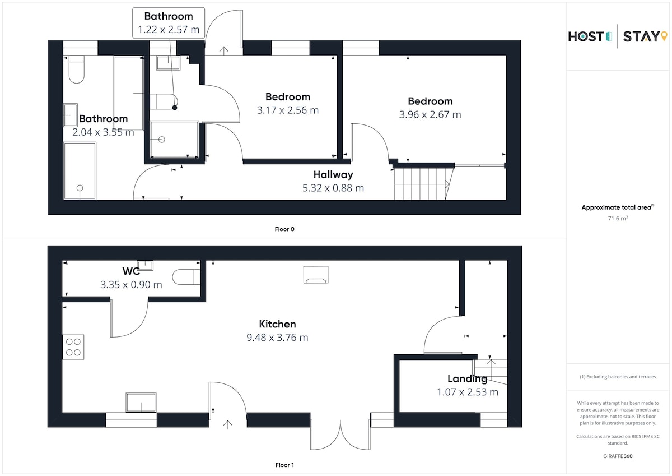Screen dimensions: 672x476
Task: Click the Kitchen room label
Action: click(x=277, y=324)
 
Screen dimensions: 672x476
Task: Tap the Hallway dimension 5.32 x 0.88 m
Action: click(x=333, y=188)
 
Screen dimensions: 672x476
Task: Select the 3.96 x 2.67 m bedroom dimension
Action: click(x=430, y=115)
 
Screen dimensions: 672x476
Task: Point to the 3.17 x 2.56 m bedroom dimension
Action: click(x=287, y=110)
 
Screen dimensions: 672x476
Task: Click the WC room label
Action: click(x=131, y=271)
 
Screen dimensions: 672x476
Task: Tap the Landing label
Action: click(x=467, y=379)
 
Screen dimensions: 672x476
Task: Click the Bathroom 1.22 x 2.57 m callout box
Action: click(x=169, y=23)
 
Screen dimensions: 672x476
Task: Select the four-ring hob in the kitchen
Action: click(x=73, y=347)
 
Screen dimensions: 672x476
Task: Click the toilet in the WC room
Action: click(x=186, y=276)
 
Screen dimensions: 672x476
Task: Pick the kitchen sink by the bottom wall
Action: click(x=141, y=403)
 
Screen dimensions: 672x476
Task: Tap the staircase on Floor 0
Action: click(x=423, y=184)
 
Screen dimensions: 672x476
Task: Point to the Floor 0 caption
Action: click(x=284, y=229)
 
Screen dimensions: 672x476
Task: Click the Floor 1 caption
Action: click(x=284, y=465)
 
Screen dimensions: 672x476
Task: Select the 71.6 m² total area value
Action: click(x=618, y=218)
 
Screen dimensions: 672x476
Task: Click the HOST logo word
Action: click(x=586, y=36)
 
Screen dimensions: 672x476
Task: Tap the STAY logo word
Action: click(x=641, y=36)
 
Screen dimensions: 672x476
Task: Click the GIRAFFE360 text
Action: click(x=618, y=456)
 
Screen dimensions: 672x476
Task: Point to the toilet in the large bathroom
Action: click(x=77, y=69)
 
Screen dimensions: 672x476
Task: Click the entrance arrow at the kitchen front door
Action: click(x=228, y=424)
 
